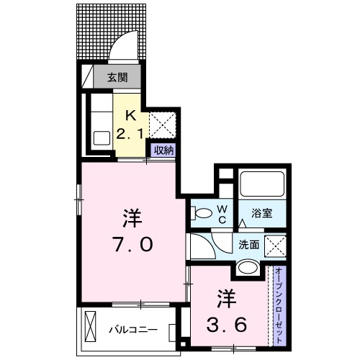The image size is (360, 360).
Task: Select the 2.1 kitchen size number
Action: point(130,132)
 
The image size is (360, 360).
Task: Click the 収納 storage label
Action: point(163,150)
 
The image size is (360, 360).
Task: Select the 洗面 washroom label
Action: point(249,244)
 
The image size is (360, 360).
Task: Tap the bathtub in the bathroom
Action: point(263,184)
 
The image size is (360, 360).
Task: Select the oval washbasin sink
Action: point(248,268)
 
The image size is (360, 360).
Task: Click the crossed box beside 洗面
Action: point(275,246)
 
